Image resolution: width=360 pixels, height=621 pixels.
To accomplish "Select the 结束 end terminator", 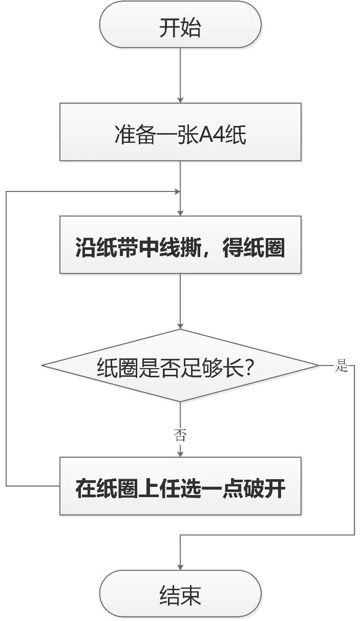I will [x=180, y=594].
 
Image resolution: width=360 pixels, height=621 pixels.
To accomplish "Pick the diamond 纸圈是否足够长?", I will [x=180, y=366].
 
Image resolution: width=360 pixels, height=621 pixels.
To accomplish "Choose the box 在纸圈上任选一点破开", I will [x=180, y=486].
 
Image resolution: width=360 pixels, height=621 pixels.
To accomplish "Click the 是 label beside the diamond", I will [x=341, y=366].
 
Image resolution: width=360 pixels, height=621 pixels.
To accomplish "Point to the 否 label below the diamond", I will [x=180, y=435].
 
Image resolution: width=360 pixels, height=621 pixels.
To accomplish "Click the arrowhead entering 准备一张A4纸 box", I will [x=180, y=99].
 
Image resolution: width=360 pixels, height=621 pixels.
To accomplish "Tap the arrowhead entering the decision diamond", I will [x=180, y=326].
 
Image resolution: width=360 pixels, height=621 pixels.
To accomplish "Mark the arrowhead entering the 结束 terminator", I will [x=180, y=567].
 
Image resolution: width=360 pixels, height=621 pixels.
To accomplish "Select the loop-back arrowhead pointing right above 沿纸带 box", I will [x=177, y=191].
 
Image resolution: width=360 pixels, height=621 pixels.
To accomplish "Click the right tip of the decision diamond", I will [x=317, y=366].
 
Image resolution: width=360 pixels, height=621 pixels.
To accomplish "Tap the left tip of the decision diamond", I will [x=43, y=366].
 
